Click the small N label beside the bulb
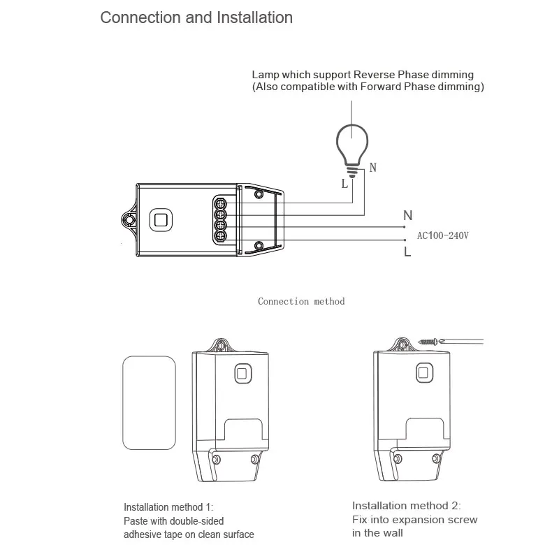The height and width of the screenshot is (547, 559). tap(372, 168)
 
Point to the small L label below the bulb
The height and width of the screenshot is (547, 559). tap(344, 184)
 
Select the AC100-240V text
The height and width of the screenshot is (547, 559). tap(442, 235)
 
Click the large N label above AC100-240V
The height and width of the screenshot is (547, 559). tap(408, 217)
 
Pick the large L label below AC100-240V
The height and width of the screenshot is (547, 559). tap(407, 252)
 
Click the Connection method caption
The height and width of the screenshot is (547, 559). tap(301, 301)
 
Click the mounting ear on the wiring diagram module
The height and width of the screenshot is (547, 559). tap(129, 219)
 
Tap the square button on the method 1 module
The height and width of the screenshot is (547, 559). tap(242, 374)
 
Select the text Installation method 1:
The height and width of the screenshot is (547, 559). tap(168, 507)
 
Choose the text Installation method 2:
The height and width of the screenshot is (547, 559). tap(407, 505)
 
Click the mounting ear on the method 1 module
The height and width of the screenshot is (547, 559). tap(223, 344)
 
